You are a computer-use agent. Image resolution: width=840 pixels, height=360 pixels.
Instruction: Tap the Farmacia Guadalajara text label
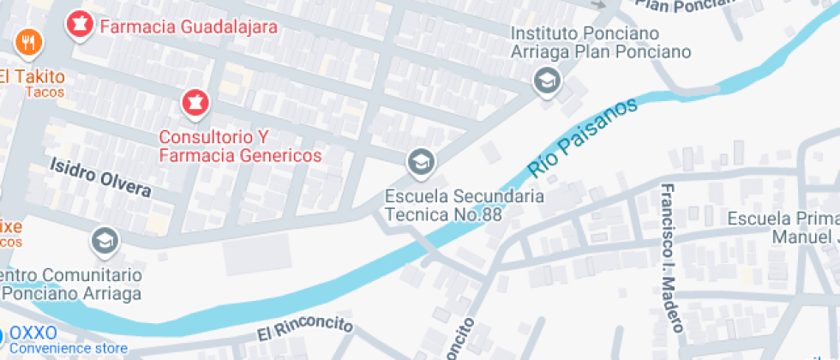click(x=189, y=27)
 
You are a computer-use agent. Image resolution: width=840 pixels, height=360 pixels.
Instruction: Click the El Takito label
click(x=32, y=76)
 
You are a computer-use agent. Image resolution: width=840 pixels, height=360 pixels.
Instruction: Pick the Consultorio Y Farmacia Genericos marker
click(x=195, y=104)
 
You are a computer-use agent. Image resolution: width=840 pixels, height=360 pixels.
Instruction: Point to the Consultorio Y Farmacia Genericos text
click(x=241, y=147)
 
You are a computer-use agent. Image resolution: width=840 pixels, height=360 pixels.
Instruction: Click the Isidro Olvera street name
click(x=100, y=177)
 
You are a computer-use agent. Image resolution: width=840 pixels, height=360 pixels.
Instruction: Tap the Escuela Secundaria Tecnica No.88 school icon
click(x=420, y=160)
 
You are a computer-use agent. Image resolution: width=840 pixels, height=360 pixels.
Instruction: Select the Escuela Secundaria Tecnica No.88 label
click(x=464, y=206)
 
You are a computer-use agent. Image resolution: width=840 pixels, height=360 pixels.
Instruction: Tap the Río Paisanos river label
click(x=583, y=137)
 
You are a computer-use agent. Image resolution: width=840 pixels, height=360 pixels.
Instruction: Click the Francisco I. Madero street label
click(x=671, y=257)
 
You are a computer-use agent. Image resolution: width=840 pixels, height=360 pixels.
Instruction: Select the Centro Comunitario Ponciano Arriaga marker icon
click(x=105, y=241)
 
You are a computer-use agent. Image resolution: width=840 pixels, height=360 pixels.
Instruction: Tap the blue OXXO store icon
click(x=3, y=334)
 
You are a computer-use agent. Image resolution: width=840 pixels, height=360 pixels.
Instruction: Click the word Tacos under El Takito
click(x=45, y=92)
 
